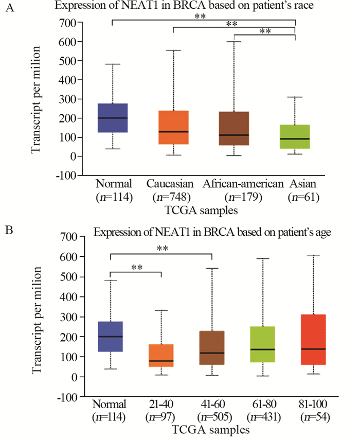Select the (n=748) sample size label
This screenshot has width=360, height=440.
pos(172,197)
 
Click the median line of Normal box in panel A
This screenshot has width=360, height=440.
pos(113,118)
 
